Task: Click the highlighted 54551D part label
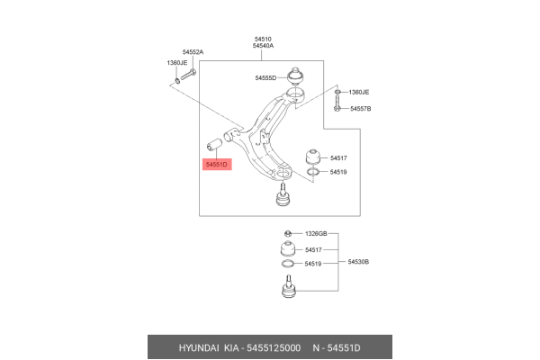(x=217, y=165)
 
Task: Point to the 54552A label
(x=193, y=53)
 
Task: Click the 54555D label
(x=265, y=78)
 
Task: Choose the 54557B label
(x=360, y=108)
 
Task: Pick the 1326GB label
(x=316, y=234)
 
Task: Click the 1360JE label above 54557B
(x=359, y=92)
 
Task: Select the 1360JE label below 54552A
(x=176, y=63)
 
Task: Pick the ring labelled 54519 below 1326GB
(x=286, y=265)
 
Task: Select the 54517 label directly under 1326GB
(x=313, y=249)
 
